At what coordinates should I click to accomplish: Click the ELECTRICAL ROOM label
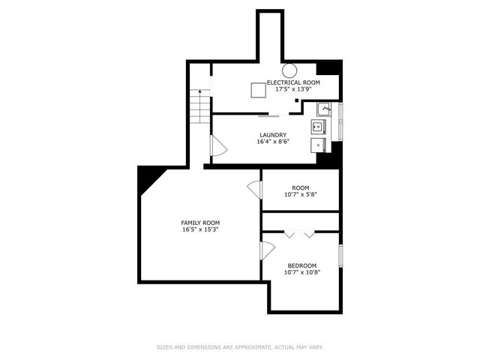(294, 82)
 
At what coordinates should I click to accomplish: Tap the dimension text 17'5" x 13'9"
(294, 89)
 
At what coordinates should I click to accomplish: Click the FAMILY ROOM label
(200, 223)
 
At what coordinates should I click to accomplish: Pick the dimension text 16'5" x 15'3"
(200, 229)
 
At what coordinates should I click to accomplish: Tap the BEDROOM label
(301, 265)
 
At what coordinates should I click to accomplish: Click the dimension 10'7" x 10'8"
(301, 272)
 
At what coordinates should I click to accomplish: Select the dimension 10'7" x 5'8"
(301, 195)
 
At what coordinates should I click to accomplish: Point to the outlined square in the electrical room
(259, 90)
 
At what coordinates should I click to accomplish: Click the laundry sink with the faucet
(324, 109)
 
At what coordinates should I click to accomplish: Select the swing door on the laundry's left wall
(217, 146)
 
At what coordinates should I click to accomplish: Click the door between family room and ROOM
(255, 190)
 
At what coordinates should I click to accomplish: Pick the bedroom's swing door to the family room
(267, 251)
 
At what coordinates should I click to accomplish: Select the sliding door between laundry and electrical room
(269, 116)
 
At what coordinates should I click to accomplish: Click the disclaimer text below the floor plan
(240, 347)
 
